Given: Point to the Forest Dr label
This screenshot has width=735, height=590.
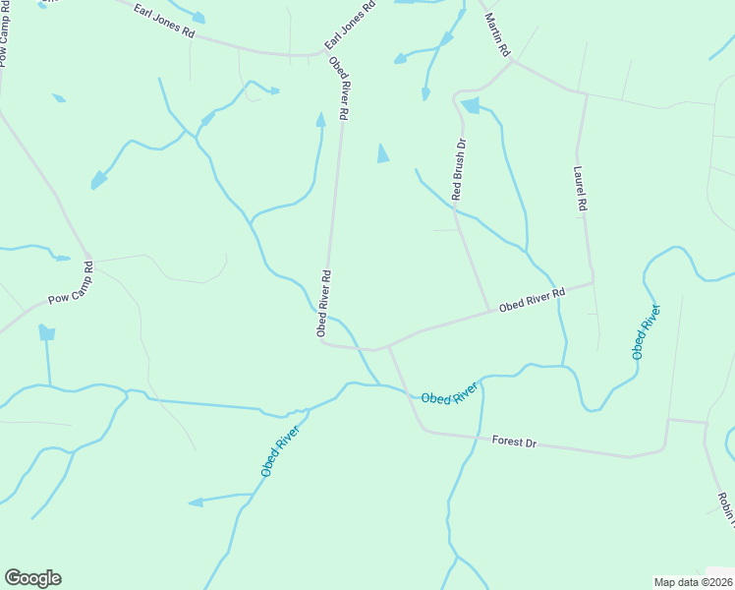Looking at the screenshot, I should (514, 442).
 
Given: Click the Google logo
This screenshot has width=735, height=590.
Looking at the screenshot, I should (32, 578).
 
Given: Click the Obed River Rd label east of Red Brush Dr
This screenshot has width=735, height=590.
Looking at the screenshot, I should (532, 300).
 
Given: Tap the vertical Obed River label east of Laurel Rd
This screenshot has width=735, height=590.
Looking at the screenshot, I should (646, 331).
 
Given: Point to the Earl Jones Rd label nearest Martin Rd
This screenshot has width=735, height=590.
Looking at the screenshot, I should (351, 27).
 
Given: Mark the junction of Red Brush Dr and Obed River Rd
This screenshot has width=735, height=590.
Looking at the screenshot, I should (489, 312).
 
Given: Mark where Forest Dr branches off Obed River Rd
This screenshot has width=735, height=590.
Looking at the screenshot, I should (390, 346).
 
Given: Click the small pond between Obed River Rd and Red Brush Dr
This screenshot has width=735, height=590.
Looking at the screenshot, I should (382, 152).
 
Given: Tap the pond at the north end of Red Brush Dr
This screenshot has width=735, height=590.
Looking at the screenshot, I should (470, 105).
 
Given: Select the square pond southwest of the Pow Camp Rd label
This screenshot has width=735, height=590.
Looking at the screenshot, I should (46, 333).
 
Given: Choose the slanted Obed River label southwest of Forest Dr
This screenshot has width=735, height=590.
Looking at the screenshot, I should (280, 444).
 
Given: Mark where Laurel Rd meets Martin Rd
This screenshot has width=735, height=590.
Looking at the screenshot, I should (585, 94).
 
